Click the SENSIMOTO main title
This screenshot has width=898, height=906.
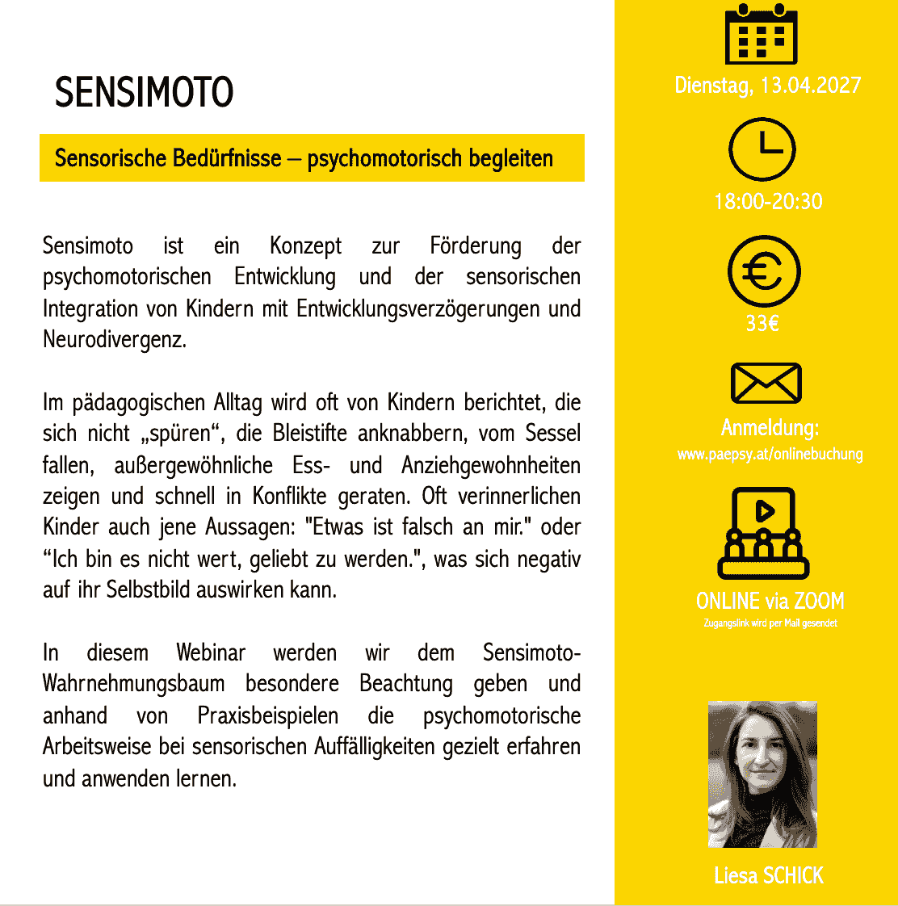[x=144, y=93]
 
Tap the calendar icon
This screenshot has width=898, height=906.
[x=761, y=34]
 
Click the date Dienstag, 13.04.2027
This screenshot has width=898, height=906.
[x=768, y=86]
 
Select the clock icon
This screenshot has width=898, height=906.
[x=762, y=149]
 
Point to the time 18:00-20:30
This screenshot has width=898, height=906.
[x=768, y=201]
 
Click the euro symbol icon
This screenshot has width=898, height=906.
[x=764, y=272]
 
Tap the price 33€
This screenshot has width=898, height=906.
[x=762, y=324]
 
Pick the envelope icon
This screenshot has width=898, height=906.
[x=766, y=383]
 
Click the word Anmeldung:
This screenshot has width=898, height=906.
[x=770, y=427]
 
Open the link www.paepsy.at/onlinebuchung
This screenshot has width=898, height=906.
[x=770, y=454]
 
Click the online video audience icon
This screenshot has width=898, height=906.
[x=764, y=533]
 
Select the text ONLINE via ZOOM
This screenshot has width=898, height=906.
[x=770, y=601]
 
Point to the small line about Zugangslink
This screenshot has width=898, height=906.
[x=770, y=623]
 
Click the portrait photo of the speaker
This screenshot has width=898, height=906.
[x=762, y=774]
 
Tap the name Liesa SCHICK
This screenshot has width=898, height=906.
[x=769, y=875]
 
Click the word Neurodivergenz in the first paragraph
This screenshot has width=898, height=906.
[x=114, y=340]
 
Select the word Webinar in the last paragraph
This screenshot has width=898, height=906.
[x=211, y=652]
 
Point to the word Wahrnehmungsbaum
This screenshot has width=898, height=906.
[x=133, y=684]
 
